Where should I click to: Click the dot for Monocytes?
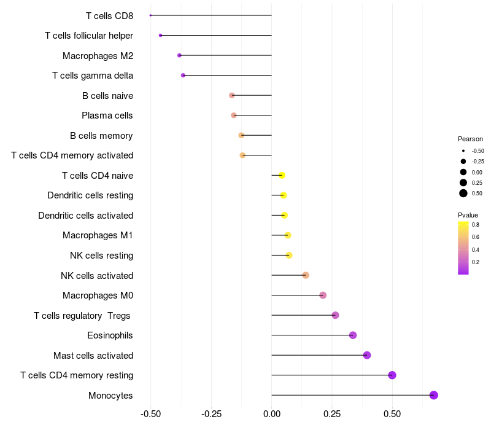point(434,395)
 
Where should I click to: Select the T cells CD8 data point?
point(150,15)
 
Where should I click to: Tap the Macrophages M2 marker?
point(179,55)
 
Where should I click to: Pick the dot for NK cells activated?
point(306,275)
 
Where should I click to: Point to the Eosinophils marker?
point(353,335)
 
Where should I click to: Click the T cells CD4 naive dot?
point(282,175)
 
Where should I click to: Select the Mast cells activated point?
point(367,355)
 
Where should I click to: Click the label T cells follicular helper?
point(89,36)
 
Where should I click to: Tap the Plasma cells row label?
point(107,115)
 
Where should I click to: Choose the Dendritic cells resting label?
point(90,195)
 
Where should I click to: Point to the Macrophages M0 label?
point(98,295)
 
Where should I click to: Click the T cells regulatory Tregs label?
point(83,315)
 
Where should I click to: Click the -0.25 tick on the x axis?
point(211,415)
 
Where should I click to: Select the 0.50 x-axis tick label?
point(392,415)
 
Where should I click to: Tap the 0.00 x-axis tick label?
point(271,415)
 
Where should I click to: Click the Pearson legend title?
point(470,139)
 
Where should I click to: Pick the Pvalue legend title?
point(468,215)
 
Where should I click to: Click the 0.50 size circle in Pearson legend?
point(463,193)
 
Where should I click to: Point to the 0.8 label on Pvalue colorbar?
point(476,225)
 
